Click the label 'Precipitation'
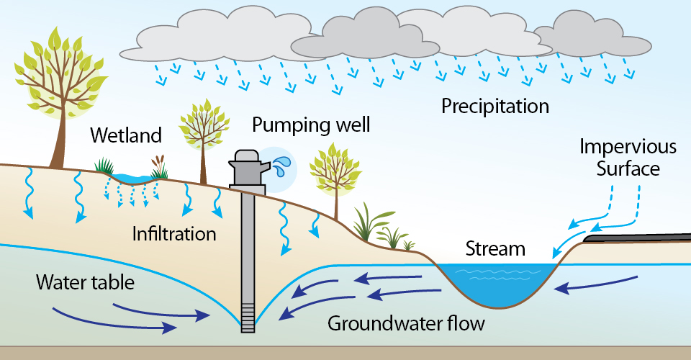pyautogui.click(x=494, y=107)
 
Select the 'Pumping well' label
pyautogui.click(x=311, y=125)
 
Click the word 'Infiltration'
pyautogui.click(x=174, y=234)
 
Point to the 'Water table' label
pyautogui.click(x=86, y=282)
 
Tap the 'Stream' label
pyautogui.click(x=495, y=250)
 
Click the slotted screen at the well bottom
pyautogui.click(x=248, y=316)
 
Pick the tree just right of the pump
pyautogui.click(x=333, y=173)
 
